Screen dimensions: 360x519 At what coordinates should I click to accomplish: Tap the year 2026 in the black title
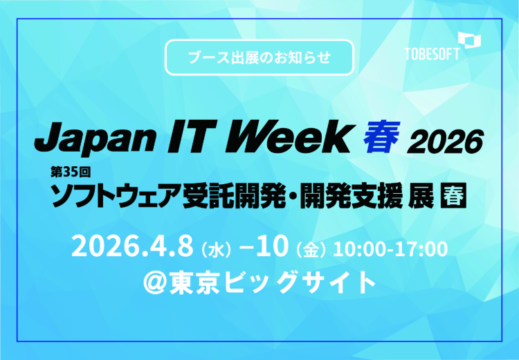443,141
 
